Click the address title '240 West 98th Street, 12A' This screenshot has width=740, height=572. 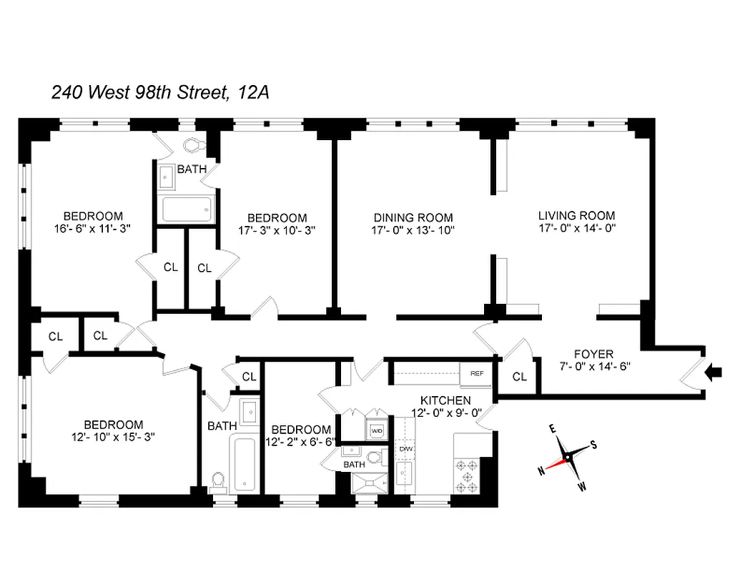(x=159, y=92)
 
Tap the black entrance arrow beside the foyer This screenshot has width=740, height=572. (x=713, y=372)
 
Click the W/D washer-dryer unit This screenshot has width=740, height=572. (x=376, y=430)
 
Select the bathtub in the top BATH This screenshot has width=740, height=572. (x=187, y=209)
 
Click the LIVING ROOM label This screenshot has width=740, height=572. (x=576, y=215)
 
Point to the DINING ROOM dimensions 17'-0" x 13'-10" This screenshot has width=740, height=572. (x=413, y=230)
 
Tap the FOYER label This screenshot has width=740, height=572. (x=593, y=354)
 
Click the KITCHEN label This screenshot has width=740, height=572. (x=445, y=400)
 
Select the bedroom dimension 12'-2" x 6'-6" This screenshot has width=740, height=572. (x=300, y=442)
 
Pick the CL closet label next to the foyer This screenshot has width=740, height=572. (x=520, y=377)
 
